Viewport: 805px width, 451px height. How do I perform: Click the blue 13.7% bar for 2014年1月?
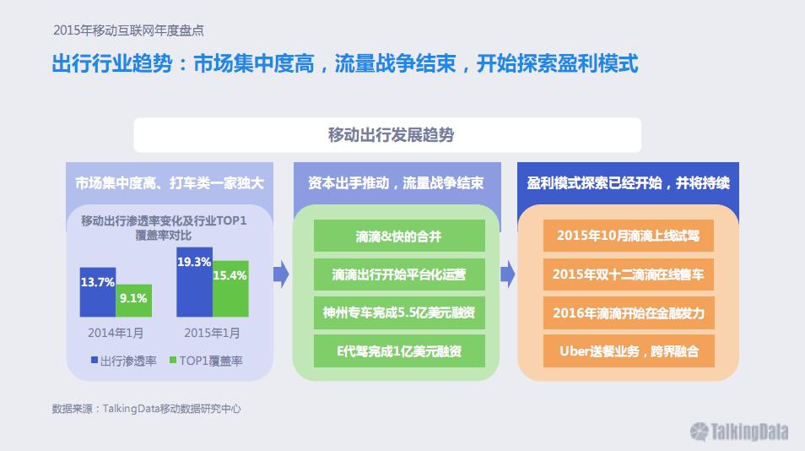pyautogui.click(x=98, y=291)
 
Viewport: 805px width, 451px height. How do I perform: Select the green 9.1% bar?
pyautogui.click(x=133, y=301)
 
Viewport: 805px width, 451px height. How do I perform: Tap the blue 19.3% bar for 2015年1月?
pyautogui.click(x=195, y=282)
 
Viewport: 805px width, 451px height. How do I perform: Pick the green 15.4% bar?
pyautogui.click(x=230, y=289)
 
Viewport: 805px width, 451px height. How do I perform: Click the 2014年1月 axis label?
pyautogui.click(x=116, y=333)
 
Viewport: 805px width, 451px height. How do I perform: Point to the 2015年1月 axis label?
pyautogui.click(x=212, y=333)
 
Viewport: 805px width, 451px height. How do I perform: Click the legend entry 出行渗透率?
pyautogui.click(x=124, y=361)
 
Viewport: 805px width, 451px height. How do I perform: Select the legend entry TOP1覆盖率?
pyautogui.click(x=206, y=361)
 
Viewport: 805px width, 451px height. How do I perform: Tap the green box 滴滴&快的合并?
pyautogui.click(x=399, y=236)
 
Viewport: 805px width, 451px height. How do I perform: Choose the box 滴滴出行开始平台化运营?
pyautogui.click(x=399, y=274)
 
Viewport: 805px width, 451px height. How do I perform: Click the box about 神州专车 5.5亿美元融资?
pyautogui.click(x=399, y=312)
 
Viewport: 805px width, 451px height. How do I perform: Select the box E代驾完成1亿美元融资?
pyautogui.click(x=399, y=350)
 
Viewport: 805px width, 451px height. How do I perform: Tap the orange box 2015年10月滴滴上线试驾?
pyautogui.click(x=629, y=236)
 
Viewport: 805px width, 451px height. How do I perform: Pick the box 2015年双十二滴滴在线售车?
pyautogui.click(x=629, y=274)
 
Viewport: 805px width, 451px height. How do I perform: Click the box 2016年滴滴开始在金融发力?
pyautogui.click(x=629, y=312)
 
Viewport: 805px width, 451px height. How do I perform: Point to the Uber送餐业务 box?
pyautogui.click(x=629, y=350)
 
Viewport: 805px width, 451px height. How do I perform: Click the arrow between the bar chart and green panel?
pyautogui.click(x=281, y=274)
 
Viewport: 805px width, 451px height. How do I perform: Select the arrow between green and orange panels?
pyautogui.click(x=508, y=274)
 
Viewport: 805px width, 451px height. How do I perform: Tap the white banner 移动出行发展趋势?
pyautogui.click(x=387, y=135)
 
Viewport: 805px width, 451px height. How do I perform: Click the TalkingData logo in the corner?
pyautogui.click(x=739, y=432)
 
